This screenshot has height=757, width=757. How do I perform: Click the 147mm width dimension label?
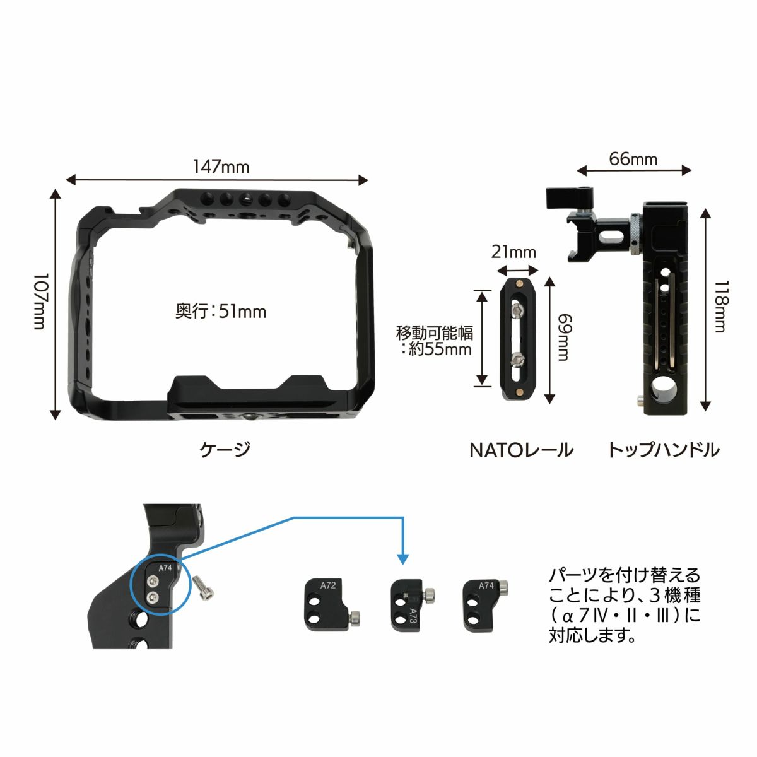tap(221, 167)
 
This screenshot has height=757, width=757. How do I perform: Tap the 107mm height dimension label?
tap(40, 302)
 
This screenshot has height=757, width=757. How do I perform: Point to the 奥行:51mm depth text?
tap(221, 312)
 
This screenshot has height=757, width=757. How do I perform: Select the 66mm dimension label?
tap(633, 159)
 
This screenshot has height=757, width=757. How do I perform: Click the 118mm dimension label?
tap(721, 306)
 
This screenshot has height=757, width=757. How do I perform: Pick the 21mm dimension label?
tap(513, 252)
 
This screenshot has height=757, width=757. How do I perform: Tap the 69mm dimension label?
tap(564, 337)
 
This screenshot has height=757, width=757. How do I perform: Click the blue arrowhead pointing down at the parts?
tap(402, 559)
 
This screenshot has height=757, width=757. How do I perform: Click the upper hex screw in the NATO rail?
tap(517, 312)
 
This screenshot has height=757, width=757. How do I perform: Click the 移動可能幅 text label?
tap(434, 333)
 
